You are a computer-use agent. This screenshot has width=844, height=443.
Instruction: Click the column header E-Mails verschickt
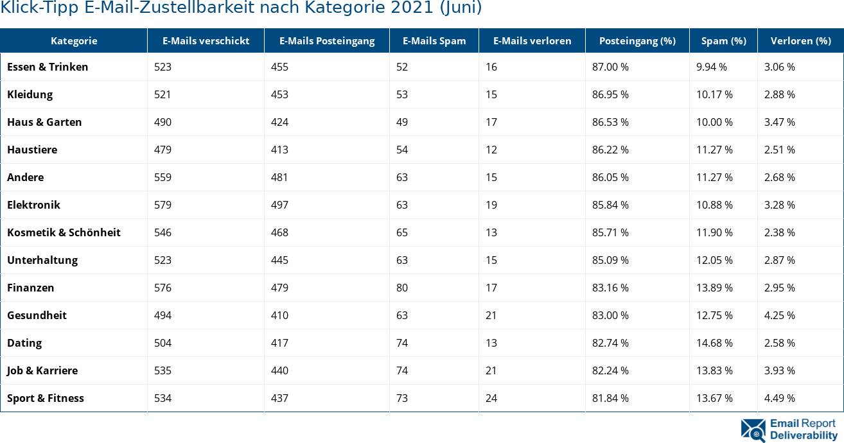[x=206, y=41]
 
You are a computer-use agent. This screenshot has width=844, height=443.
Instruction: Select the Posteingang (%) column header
[x=637, y=41]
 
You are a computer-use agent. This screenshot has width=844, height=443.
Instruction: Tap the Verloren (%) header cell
[x=800, y=41]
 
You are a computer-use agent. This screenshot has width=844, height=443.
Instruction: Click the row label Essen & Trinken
[x=48, y=67]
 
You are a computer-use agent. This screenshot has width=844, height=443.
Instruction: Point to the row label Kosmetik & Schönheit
[x=64, y=232]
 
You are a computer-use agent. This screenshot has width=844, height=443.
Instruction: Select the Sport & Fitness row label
[x=46, y=398]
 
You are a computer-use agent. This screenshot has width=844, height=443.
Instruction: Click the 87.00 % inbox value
[x=610, y=67]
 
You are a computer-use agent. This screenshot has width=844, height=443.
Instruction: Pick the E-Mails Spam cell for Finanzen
[x=402, y=288]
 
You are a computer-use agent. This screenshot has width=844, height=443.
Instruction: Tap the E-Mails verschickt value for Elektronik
[x=163, y=205]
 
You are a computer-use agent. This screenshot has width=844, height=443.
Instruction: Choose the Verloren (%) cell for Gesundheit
[x=779, y=315]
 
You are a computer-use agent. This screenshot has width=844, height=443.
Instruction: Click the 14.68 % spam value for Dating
[x=714, y=343]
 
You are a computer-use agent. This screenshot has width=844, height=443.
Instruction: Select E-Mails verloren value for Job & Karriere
[x=491, y=370]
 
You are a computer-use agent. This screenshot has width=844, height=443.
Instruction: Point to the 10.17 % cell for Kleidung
[x=714, y=94]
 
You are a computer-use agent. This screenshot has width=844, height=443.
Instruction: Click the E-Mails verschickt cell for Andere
[x=163, y=177]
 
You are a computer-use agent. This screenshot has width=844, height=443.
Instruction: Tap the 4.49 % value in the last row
[x=779, y=398]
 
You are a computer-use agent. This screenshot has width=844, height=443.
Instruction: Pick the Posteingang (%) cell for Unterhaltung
[x=610, y=260]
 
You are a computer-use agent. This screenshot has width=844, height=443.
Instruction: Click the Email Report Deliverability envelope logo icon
[x=753, y=430]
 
